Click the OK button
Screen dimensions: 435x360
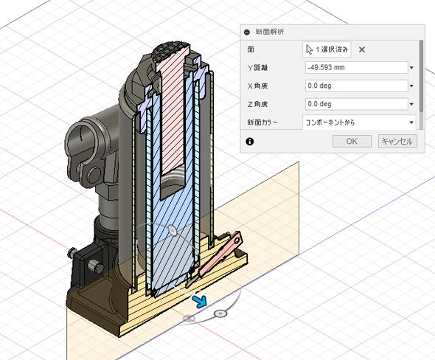[352, 142]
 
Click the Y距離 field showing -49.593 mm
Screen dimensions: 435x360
[357, 67]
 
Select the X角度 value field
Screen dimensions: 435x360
[357, 86]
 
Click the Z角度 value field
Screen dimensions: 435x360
[357, 104]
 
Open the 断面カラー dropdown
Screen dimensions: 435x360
[359, 122]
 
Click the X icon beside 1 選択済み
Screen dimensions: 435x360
[362, 49]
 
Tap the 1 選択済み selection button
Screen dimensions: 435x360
[327, 49]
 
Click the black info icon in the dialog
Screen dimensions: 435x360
[250, 142]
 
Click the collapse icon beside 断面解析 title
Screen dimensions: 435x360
[247, 32]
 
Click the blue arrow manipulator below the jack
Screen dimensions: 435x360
[200, 302]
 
